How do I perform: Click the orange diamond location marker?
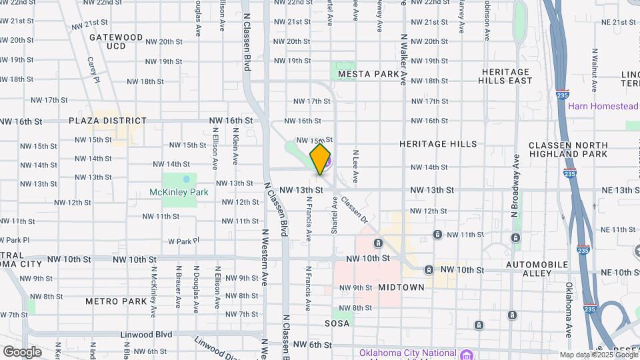pyautogui.click(x=321, y=159)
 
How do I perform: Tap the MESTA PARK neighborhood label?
pyautogui.click(x=368, y=73)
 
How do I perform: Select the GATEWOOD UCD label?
pyautogui.click(x=116, y=41)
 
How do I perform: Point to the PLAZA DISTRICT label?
pyautogui.click(x=107, y=121)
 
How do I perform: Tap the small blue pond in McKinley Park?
pyautogui.click(x=186, y=179)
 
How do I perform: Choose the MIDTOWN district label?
pyautogui.click(x=401, y=287)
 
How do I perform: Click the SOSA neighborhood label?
pyautogui.click(x=337, y=323)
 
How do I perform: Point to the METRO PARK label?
pyautogui.click(x=116, y=301)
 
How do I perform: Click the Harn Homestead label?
pyautogui.click(x=603, y=106)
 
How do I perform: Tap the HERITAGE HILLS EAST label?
pyautogui.click(x=505, y=76)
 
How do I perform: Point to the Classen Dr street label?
pyautogui.click(x=354, y=209)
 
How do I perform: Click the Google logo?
pyautogui.click(x=22, y=351)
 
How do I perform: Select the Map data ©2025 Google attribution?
pyautogui.click(x=597, y=355)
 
